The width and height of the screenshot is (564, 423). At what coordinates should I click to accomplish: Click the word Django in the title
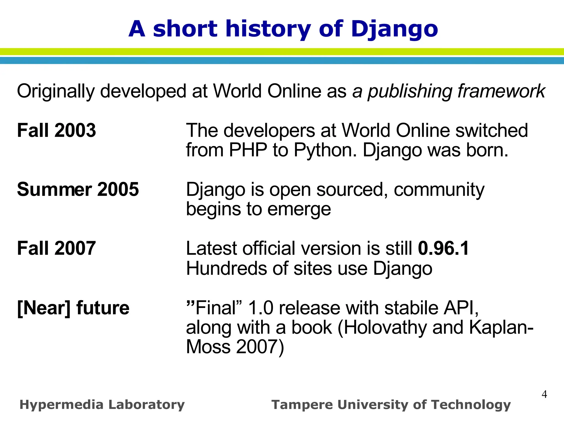(x=394, y=29)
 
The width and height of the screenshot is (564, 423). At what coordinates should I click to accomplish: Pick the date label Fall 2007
(x=56, y=248)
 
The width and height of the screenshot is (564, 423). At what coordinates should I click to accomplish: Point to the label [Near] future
(x=73, y=308)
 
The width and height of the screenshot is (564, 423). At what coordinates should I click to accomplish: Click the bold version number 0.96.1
(x=443, y=248)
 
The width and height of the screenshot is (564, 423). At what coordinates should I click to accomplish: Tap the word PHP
(x=248, y=150)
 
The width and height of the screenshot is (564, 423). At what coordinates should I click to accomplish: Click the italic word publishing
(x=410, y=91)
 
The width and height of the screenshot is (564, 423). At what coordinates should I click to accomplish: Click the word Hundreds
(x=227, y=268)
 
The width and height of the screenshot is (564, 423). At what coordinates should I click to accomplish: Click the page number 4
(x=544, y=394)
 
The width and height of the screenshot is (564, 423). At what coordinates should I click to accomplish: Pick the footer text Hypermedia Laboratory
(x=102, y=405)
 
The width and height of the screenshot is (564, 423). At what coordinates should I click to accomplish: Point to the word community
(x=439, y=190)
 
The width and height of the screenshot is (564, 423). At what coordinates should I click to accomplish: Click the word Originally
(x=56, y=91)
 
